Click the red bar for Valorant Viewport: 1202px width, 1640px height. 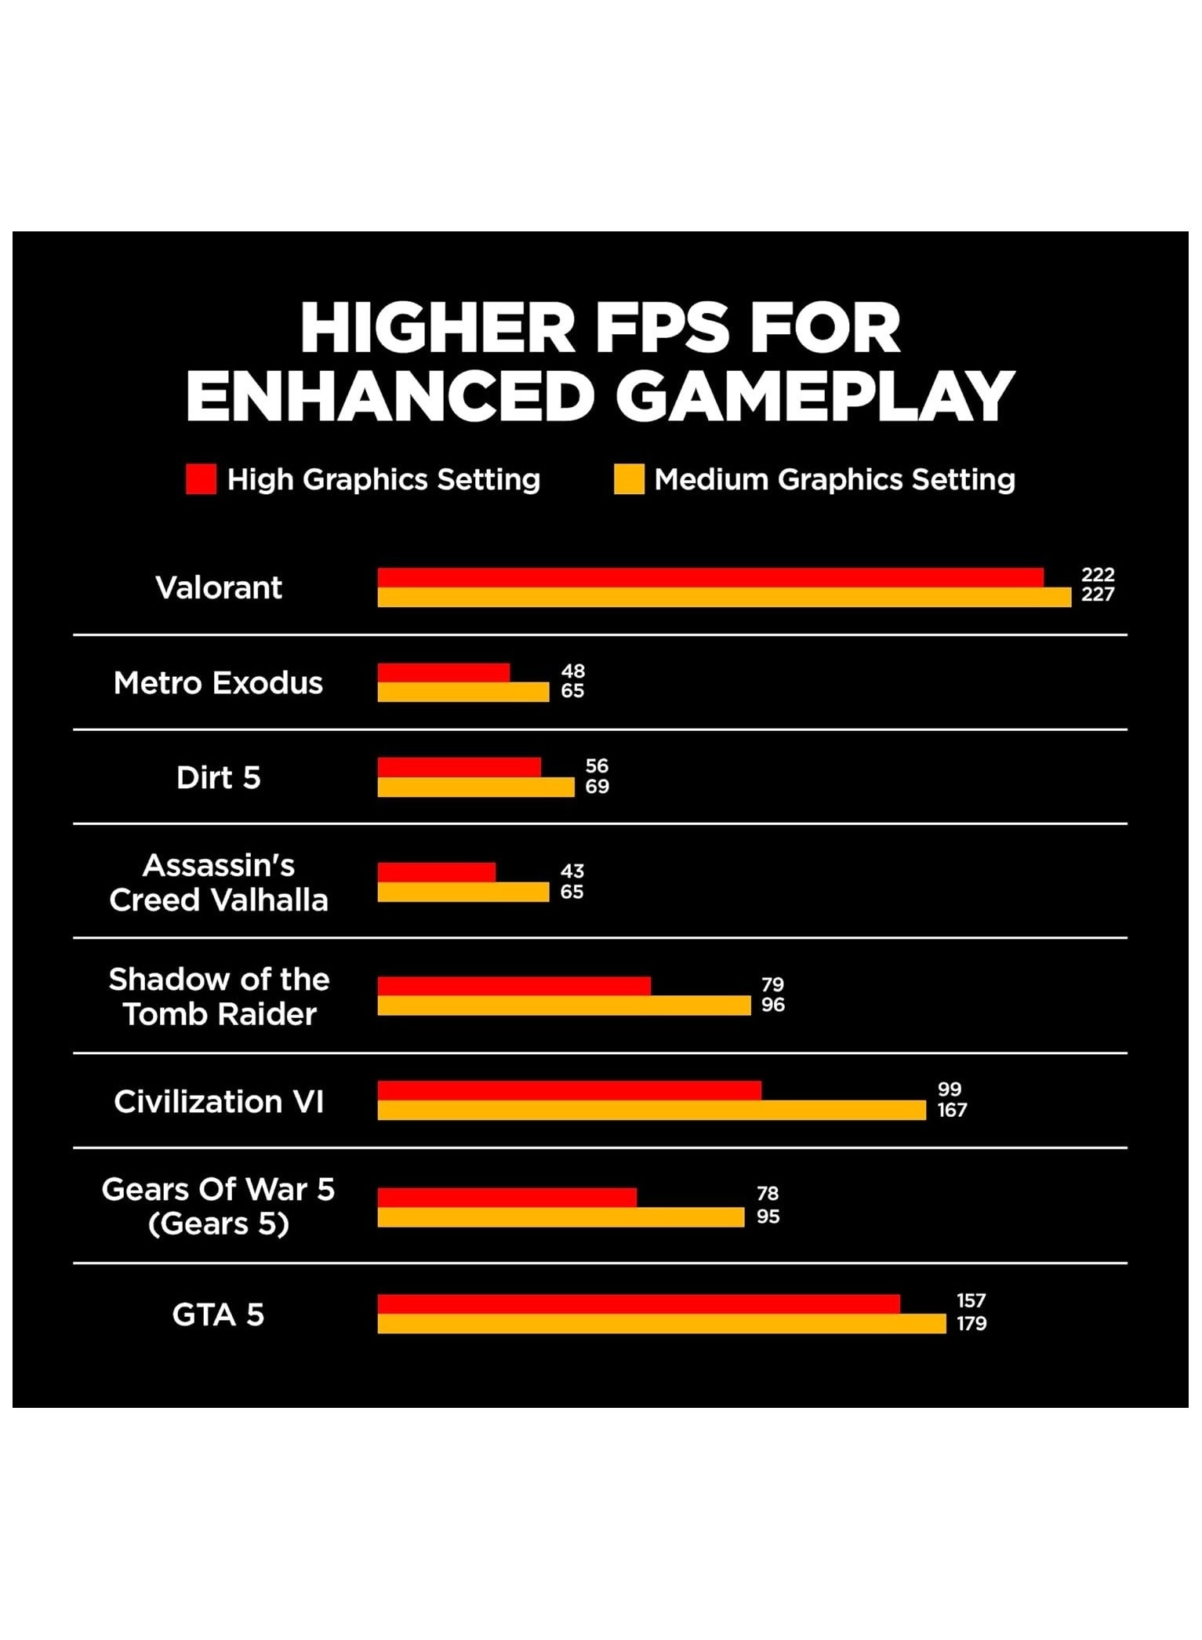pyautogui.click(x=710, y=577)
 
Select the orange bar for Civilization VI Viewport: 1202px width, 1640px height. pyautogui.click(x=651, y=1110)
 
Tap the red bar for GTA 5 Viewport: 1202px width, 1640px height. pyautogui.click(x=638, y=1304)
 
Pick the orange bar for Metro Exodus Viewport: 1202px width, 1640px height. pyautogui.click(x=463, y=692)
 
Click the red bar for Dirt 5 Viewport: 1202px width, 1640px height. pyautogui.click(x=459, y=766)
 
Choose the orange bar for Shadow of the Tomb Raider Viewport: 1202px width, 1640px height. pyautogui.click(x=564, y=1005)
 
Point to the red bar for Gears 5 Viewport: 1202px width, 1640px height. pyautogui.click(x=507, y=1198)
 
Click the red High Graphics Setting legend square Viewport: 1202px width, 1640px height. pyautogui.click(x=201, y=479)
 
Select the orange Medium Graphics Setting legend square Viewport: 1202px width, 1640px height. pyautogui.click(x=629, y=479)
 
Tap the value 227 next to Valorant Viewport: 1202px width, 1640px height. pyautogui.click(x=1098, y=595)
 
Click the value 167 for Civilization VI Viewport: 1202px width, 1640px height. pyautogui.click(x=952, y=1110)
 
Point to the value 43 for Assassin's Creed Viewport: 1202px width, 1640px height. pyautogui.click(x=572, y=871)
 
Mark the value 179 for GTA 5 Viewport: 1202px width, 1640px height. pyautogui.click(x=971, y=1324)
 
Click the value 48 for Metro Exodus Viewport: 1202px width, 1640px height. pyautogui.click(x=572, y=671)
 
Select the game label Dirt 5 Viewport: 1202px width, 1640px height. pyautogui.click(x=218, y=777)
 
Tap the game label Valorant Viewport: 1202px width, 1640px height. pyautogui.click(x=219, y=587)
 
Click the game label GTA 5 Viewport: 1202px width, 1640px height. pyautogui.click(x=218, y=1315)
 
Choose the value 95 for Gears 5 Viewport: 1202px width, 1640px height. pyautogui.click(x=768, y=1216)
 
